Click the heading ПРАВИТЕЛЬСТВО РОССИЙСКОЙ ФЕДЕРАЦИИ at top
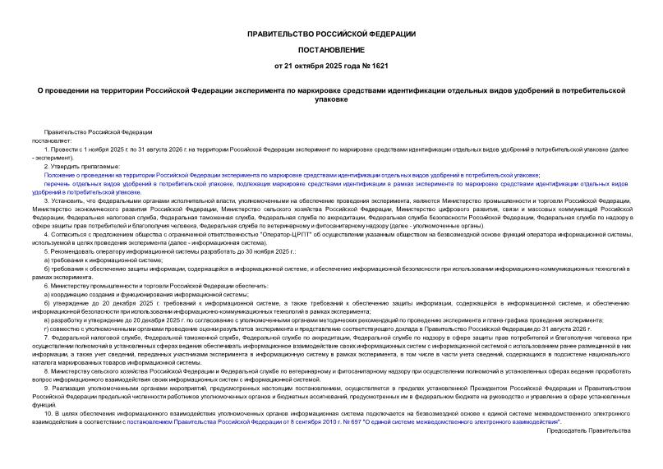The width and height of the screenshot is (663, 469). point(331,34)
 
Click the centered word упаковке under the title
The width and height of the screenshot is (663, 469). point(331,99)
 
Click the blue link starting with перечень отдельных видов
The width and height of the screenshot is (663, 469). point(329,184)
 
